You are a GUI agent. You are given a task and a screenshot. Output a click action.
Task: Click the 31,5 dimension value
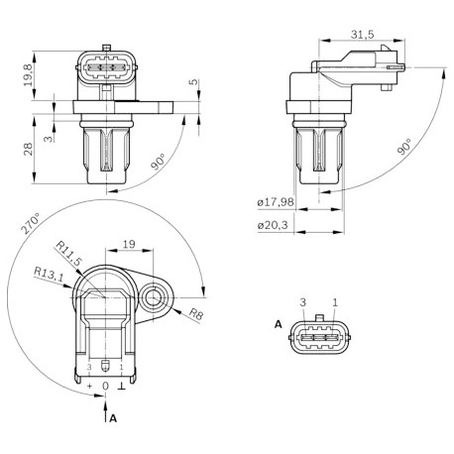click(362, 34)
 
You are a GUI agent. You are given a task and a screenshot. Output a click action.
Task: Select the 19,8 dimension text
click(29, 75)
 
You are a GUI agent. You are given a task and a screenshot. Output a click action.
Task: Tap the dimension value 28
click(29, 149)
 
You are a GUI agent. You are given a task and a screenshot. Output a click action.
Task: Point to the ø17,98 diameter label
click(276, 201)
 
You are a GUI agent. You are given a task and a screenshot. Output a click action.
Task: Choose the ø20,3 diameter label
click(273, 225)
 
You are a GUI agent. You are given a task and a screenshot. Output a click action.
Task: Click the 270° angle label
click(31, 224)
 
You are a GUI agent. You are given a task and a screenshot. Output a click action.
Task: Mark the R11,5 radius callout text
click(68, 254)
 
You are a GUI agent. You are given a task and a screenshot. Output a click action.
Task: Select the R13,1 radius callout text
click(49, 275)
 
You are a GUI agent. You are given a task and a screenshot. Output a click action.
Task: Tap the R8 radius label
click(196, 313)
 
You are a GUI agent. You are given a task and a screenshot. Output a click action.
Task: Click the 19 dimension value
click(129, 244)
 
